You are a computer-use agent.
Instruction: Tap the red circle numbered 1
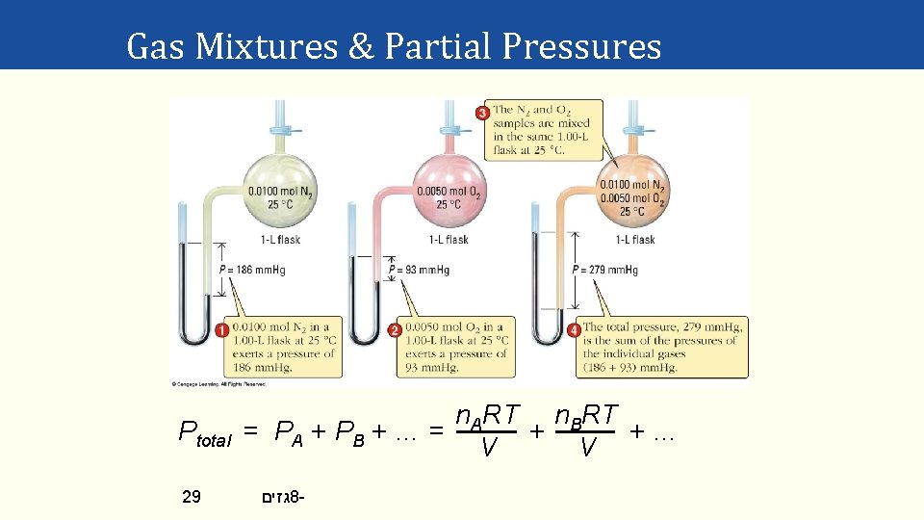click(x=221, y=330)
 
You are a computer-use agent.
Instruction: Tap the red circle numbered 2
click(x=395, y=330)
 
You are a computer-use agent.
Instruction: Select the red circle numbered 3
click(x=482, y=113)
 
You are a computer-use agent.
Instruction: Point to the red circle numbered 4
click(x=574, y=330)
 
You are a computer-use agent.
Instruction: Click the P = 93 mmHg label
click(x=423, y=271)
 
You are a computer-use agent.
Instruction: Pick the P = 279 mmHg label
click(x=604, y=271)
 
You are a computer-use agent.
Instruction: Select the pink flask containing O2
click(x=448, y=187)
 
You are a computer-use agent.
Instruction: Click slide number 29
click(x=192, y=497)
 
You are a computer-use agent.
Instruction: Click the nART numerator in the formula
click(x=488, y=415)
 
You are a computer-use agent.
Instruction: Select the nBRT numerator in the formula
click(x=587, y=415)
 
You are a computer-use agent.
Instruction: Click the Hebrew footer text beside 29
click(x=282, y=497)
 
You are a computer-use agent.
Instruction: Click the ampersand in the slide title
click(x=361, y=45)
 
